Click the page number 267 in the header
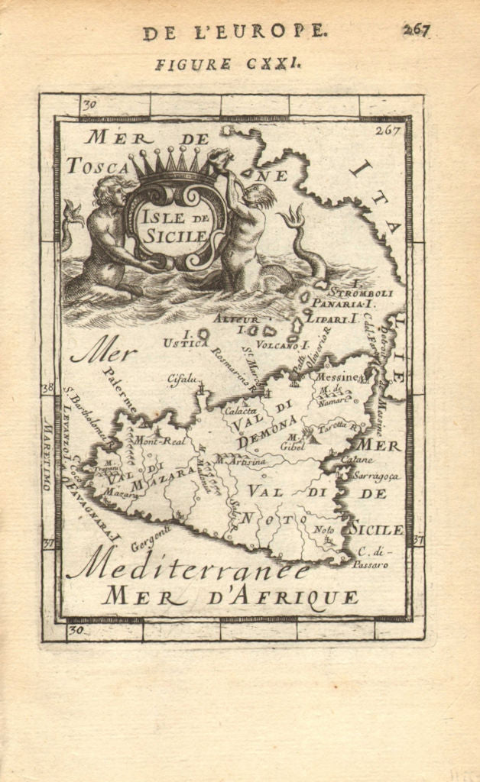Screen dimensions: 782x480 417,30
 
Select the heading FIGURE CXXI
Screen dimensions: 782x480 228,64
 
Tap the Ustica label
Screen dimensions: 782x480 183,344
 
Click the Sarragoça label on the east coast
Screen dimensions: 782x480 377,475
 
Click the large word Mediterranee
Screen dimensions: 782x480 188,566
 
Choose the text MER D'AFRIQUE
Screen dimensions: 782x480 231,597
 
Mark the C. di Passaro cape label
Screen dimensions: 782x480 372,559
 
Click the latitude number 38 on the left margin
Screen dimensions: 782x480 47,388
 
